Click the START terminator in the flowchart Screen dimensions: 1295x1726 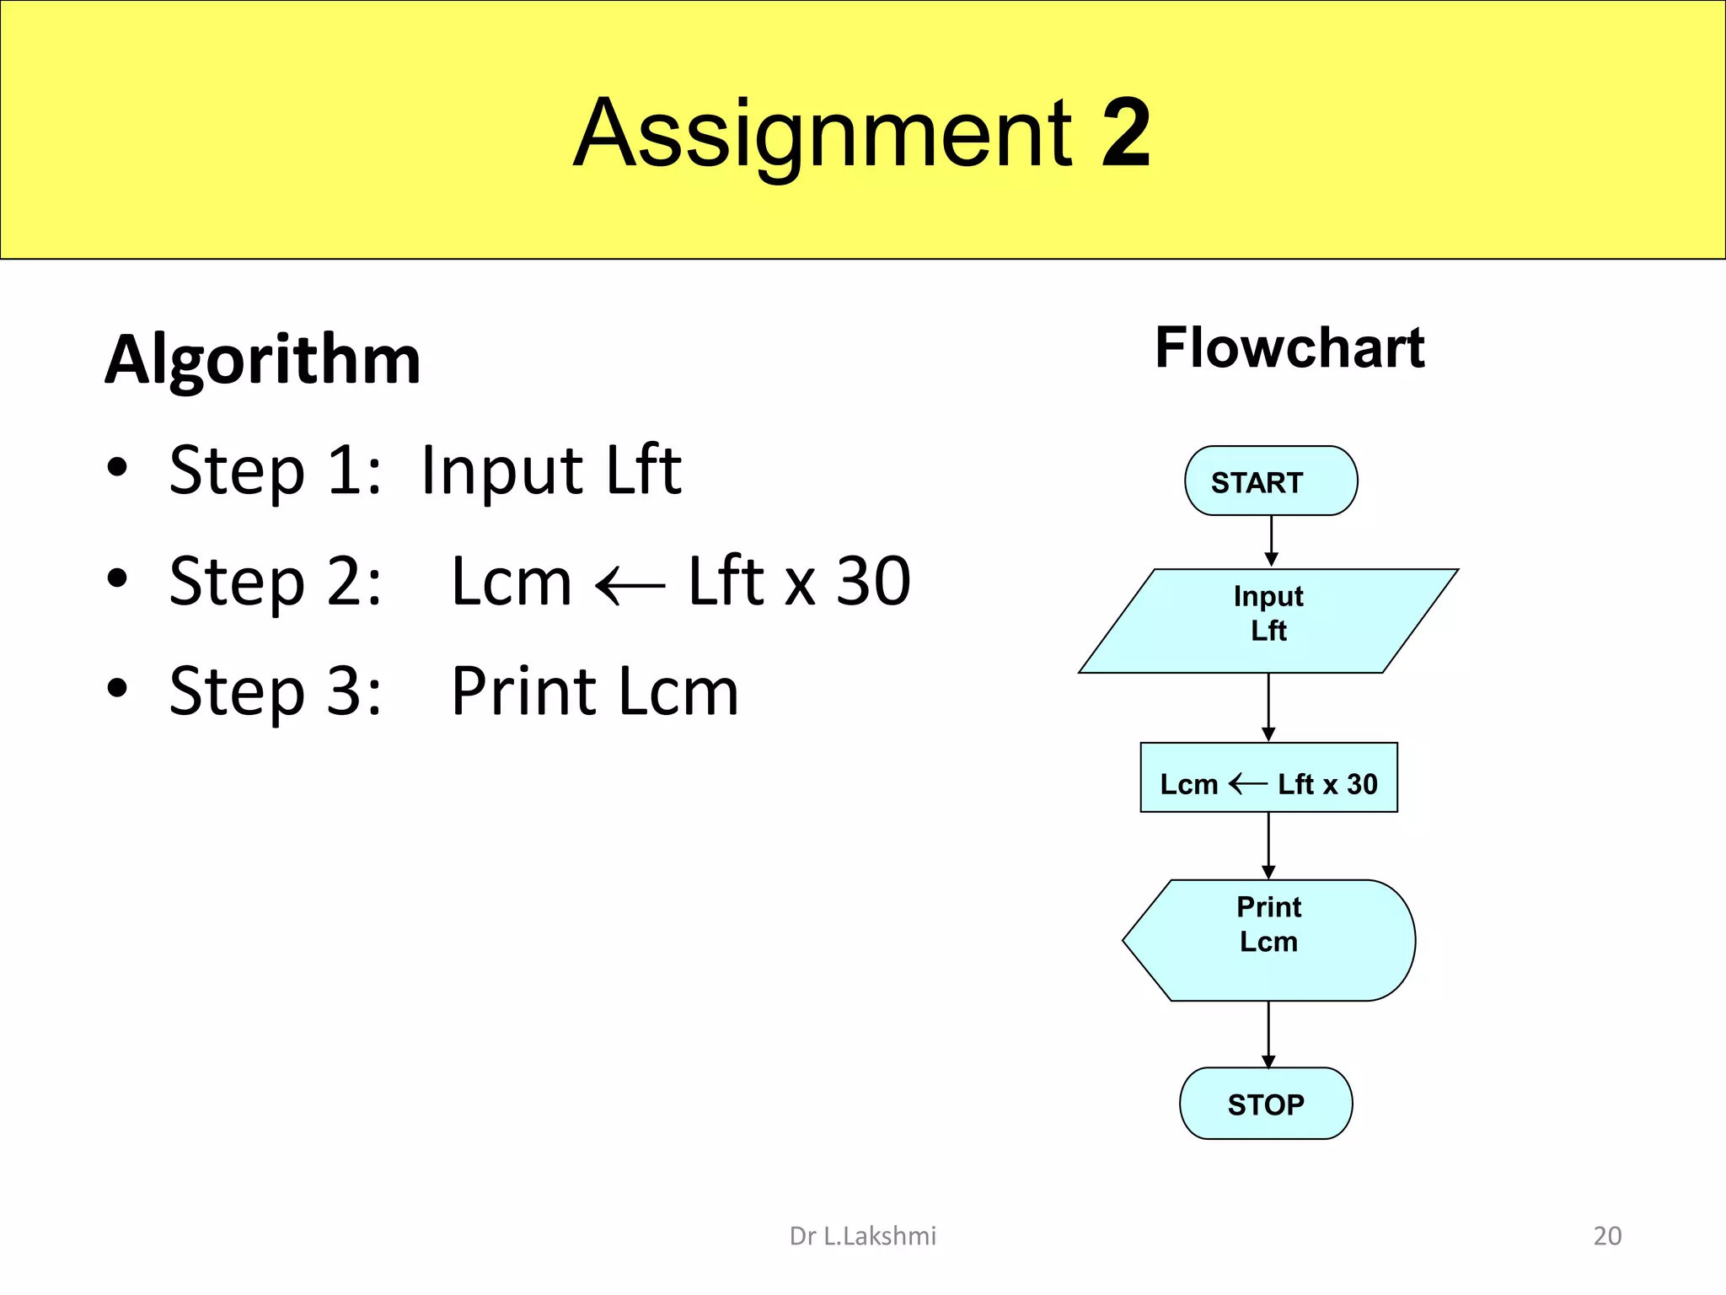1270,481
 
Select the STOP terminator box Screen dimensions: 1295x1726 1266,1104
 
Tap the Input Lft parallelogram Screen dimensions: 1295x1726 1268,621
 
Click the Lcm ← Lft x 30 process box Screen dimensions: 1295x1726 1268,778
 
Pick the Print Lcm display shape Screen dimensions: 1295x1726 1268,940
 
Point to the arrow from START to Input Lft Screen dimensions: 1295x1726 1271,541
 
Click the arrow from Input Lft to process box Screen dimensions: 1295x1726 1268,707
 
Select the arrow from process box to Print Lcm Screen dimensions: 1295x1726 1268,846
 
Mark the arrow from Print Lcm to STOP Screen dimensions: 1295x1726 1268,1034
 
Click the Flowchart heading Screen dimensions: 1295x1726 1289,348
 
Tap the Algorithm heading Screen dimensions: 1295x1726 263,360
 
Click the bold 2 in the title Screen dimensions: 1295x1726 1126,133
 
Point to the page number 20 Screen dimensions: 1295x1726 1607,1236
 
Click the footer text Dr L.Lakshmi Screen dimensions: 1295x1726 862,1236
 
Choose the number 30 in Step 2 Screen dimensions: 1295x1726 873,582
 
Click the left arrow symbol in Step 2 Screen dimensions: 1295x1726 630,584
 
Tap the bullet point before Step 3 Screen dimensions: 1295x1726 117,688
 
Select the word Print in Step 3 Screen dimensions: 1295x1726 524,691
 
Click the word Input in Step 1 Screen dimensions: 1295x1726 501,471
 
